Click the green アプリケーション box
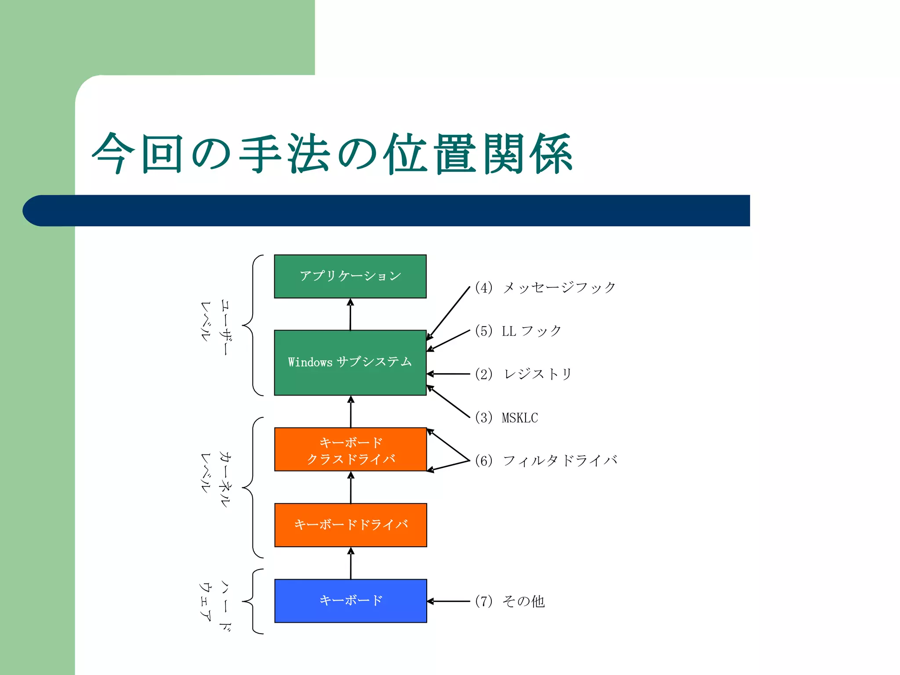(350, 276)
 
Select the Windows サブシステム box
(350, 363)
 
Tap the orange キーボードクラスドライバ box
(350, 450)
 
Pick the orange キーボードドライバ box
(350, 525)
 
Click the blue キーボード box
(350, 601)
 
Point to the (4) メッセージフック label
(545, 288)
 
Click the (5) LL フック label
(518, 331)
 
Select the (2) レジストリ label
(523, 374)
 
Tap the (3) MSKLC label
(507, 417)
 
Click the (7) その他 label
(510, 601)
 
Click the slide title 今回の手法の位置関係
(332, 154)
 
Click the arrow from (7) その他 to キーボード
(448, 601)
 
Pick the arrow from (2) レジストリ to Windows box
(448, 374)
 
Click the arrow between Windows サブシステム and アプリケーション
(350, 314)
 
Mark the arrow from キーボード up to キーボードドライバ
(351, 563)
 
